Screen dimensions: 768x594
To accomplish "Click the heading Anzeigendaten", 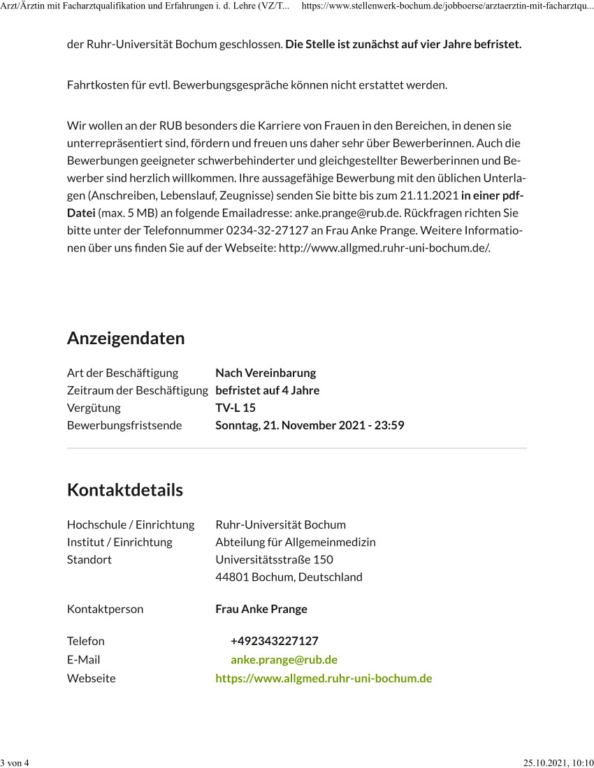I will pyautogui.click(x=126, y=339).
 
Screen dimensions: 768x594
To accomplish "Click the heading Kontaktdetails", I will pyautogui.click(x=125, y=490).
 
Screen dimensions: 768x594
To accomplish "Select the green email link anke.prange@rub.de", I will pyautogui.click(x=284, y=660).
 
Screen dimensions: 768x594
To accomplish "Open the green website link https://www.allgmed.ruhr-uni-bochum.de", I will pyautogui.click(x=324, y=679).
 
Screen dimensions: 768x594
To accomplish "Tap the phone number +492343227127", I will pyautogui.click(x=275, y=641).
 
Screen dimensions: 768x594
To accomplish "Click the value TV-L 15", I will pyautogui.click(x=236, y=408).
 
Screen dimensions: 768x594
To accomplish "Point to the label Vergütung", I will pyautogui.click(x=94, y=408).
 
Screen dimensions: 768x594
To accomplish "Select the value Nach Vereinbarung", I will pyautogui.click(x=266, y=373).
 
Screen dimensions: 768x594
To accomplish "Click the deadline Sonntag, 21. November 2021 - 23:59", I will pyautogui.click(x=310, y=425).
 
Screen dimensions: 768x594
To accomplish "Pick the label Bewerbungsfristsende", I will pyautogui.click(x=124, y=425).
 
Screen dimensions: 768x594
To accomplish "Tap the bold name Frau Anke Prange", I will pyautogui.click(x=261, y=609).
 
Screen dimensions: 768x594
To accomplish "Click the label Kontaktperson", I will pyautogui.click(x=105, y=609).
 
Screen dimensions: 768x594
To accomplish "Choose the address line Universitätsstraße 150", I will pyautogui.click(x=274, y=559).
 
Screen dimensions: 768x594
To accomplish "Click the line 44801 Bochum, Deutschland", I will pyautogui.click(x=289, y=577).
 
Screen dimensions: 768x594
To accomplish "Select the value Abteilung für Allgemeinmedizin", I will pyautogui.click(x=296, y=542).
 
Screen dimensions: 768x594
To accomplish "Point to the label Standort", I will pyautogui.click(x=89, y=559).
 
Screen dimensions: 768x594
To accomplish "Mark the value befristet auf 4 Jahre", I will pyautogui.click(x=267, y=390).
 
